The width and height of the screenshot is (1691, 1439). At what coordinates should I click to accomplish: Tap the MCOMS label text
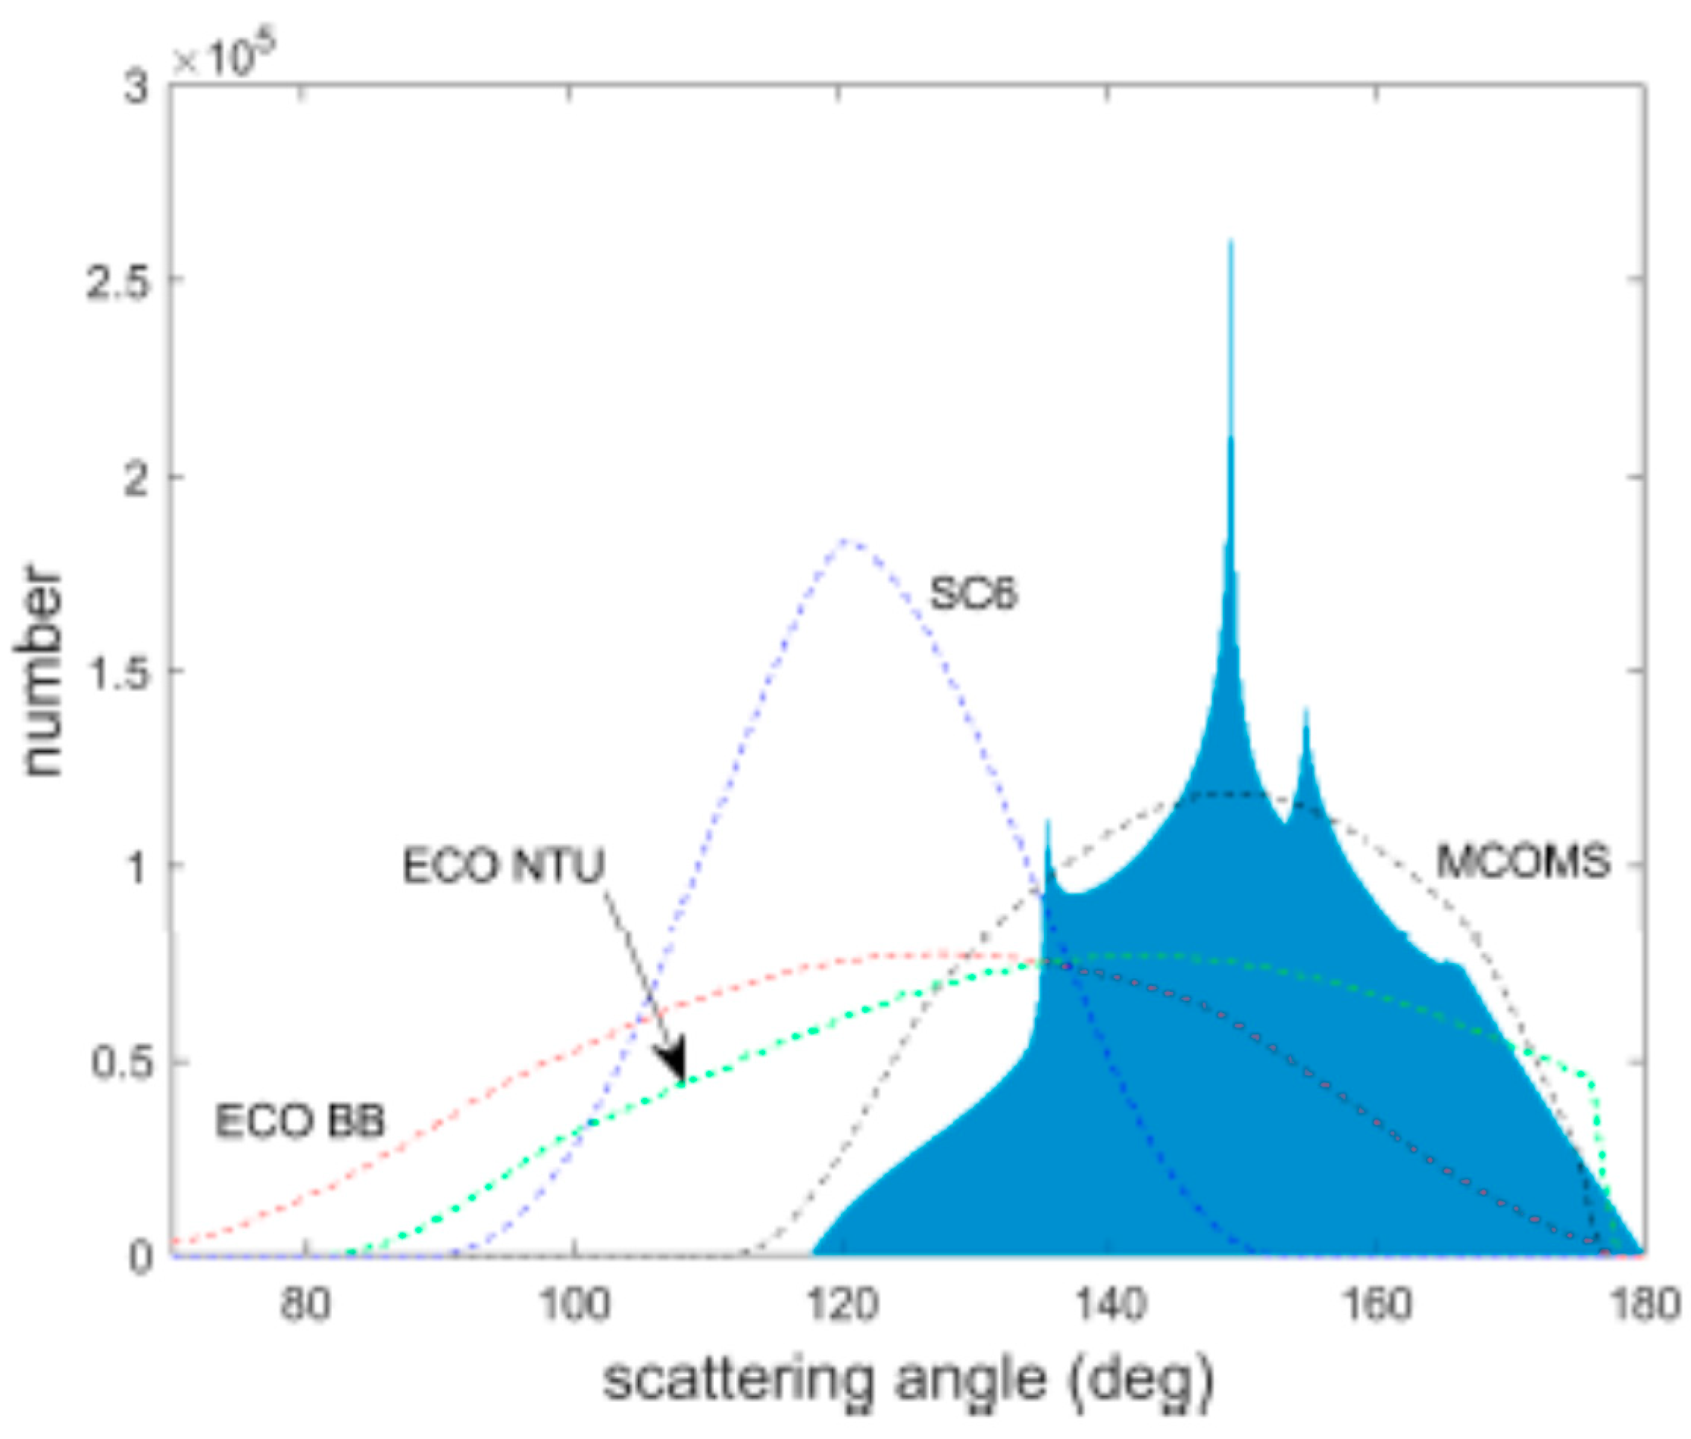[x=1522, y=862]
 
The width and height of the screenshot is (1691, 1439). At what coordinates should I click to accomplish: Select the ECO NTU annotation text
[x=503, y=865]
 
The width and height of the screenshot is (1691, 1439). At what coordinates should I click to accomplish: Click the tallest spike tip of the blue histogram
[x=1230, y=242]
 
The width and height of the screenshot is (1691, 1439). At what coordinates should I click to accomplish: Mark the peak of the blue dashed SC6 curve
[x=846, y=540]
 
